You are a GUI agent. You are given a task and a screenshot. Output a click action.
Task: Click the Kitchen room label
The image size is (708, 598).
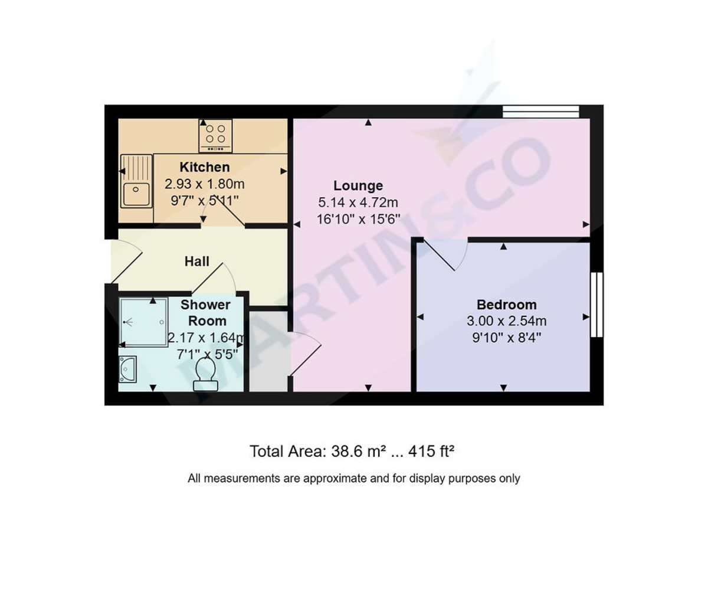(204, 167)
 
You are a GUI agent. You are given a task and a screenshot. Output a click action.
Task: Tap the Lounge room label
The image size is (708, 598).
(358, 186)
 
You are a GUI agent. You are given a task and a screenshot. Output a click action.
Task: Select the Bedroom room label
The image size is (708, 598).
(506, 305)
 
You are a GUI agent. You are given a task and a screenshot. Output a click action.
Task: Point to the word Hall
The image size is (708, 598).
(196, 261)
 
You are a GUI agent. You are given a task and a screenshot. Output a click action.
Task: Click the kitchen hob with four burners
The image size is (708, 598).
(215, 135)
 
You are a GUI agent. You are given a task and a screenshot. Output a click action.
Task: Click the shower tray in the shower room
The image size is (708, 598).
(143, 322)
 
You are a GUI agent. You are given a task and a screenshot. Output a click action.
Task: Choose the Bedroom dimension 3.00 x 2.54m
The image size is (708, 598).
(506, 321)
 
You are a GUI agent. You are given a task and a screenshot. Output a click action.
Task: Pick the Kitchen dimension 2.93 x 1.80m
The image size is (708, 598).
(204, 184)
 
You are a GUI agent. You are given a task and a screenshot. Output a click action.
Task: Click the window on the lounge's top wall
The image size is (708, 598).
(540, 111)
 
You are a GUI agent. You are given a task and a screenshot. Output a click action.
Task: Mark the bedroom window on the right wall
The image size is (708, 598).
(596, 305)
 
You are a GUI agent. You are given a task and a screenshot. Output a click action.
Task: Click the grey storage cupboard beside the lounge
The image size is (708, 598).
(268, 351)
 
